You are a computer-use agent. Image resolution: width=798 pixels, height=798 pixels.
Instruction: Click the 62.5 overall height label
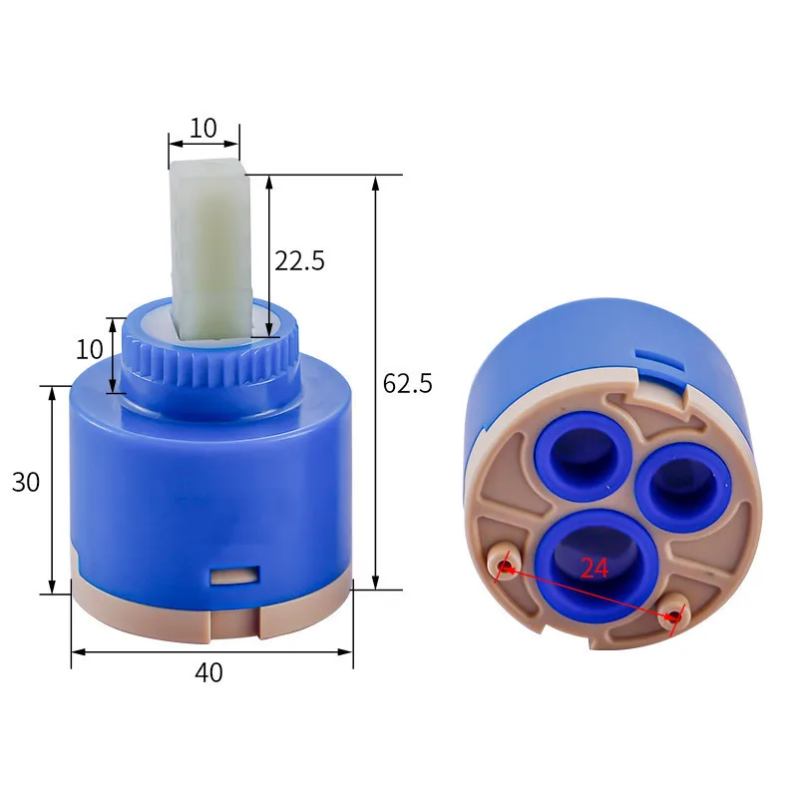tap(407, 383)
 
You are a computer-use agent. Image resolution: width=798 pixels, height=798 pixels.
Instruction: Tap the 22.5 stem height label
tap(299, 261)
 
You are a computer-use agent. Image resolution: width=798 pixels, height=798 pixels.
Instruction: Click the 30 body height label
tap(26, 482)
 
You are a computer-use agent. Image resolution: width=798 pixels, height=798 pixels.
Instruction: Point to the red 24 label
tap(595, 568)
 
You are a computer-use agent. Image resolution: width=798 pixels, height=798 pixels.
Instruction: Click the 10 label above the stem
tap(203, 128)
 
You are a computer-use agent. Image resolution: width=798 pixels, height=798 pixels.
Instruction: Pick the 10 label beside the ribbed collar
tap(90, 349)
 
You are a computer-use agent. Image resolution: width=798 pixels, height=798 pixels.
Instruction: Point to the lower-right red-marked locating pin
tap(673, 617)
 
